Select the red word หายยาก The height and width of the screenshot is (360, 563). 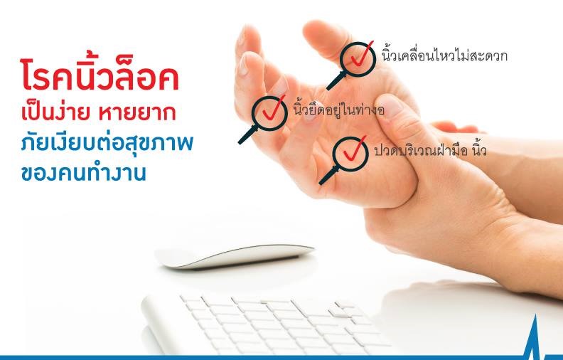[x=137, y=113]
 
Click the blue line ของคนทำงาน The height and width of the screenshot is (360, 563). [x=84, y=173]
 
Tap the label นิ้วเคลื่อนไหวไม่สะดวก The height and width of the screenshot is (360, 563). [x=444, y=55]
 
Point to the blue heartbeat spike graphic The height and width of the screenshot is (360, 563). [x=535, y=337]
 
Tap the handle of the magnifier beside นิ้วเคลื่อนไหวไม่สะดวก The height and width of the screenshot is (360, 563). [x=336, y=81]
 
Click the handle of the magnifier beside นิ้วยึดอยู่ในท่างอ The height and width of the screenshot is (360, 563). [x=248, y=134]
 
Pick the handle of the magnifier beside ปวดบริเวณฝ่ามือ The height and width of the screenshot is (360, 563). [x=328, y=176]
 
